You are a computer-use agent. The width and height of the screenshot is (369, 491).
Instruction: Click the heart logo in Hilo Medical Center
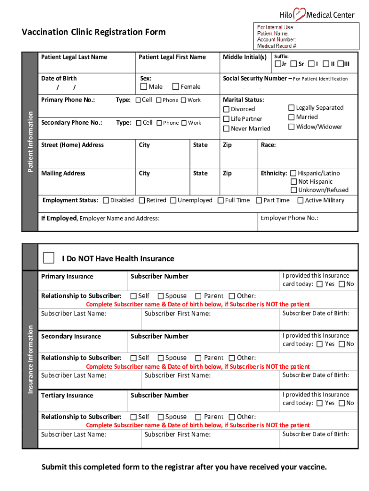point(300,14)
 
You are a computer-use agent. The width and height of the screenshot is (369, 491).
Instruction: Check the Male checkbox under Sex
point(144,87)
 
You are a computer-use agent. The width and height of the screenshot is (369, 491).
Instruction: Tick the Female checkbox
point(176,87)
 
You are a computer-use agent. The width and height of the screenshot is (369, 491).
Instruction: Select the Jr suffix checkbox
point(277,64)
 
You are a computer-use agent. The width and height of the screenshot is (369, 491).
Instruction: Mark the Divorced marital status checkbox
point(227,109)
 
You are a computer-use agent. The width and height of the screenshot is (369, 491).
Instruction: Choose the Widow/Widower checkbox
point(291,127)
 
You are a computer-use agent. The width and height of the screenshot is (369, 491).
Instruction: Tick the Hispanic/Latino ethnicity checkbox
point(294,173)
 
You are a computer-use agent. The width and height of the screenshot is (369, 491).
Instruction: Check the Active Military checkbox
point(300,200)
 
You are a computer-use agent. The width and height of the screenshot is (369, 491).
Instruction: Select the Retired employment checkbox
point(142,200)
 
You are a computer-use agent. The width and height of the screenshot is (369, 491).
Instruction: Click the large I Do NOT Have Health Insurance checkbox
point(48,258)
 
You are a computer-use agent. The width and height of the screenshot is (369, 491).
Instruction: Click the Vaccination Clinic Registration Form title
point(94,32)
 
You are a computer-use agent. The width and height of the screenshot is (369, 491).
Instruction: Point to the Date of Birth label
point(59,78)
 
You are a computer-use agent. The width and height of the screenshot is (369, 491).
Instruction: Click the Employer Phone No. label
point(289,218)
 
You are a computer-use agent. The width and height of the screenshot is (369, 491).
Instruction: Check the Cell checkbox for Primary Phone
point(138,100)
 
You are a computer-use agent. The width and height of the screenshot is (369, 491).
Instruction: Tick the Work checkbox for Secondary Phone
point(184,123)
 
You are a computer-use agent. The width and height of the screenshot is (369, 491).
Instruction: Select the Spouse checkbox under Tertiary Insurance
point(161,417)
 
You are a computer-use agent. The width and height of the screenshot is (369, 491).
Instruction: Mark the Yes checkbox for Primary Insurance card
point(320,284)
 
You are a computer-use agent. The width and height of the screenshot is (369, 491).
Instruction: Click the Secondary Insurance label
point(71,337)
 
